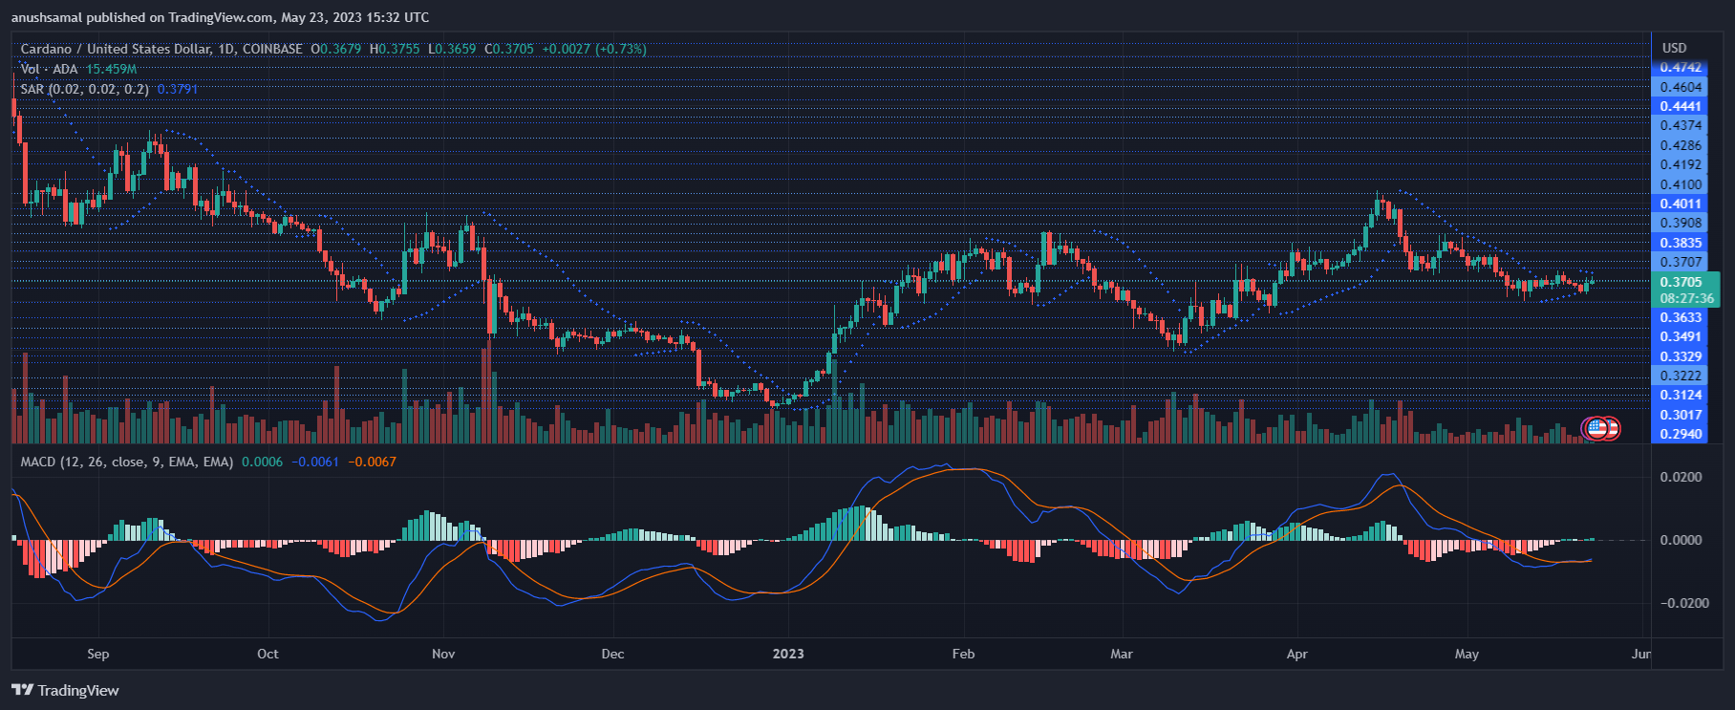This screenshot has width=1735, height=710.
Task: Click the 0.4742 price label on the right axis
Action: click(1681, 68)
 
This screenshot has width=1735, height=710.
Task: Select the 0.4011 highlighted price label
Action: click(1681, 204)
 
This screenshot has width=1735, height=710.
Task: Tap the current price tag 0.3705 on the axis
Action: click(1681, 282)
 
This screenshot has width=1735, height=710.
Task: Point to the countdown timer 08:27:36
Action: click(1686, 298)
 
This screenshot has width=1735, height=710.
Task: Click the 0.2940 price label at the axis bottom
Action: click(1681, 434)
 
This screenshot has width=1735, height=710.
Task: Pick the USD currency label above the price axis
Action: click(1674, 48)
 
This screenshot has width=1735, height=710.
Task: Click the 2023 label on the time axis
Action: click(788, 654)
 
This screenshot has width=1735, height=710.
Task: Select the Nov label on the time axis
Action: click(443, 654)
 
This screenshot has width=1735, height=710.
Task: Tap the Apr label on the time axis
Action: click(1296, 654)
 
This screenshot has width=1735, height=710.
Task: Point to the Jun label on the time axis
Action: click(1640, 654)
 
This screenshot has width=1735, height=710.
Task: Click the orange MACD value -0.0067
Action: click(372, 462)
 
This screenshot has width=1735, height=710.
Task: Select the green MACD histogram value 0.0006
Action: click(262, 462)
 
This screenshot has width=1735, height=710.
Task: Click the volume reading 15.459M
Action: click(111, 69)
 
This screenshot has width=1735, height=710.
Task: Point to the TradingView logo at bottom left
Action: click(65, 690)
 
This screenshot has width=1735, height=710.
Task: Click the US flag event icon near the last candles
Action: click(1596, 428)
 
